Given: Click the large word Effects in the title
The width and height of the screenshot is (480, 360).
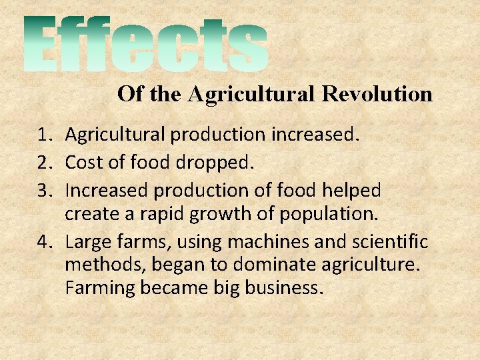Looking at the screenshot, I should [x=147, y=45].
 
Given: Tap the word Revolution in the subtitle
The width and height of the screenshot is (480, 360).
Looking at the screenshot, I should [x=377, y=94].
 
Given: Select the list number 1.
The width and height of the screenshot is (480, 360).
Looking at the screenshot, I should [x=45, y=135].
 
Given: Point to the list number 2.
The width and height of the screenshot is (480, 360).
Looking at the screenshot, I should [x=45, y=163].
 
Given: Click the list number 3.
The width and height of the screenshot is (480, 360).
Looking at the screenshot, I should [x=45, y=191].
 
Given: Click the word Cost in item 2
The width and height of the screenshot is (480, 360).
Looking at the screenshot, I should [x=81, y=163].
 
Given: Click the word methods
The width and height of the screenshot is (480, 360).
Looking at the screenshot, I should [x=103, y=265].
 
